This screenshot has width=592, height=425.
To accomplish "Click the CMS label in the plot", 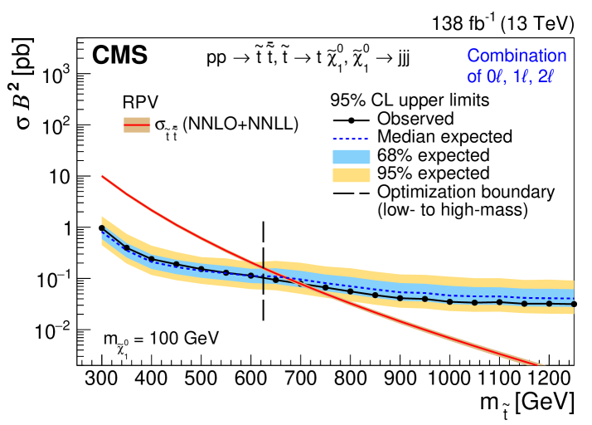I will coord(120,56).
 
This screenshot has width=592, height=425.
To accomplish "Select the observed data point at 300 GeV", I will coord(101,228).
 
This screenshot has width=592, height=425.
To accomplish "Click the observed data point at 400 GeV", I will coord(151,259).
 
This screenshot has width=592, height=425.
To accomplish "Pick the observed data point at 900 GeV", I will coord(400,297).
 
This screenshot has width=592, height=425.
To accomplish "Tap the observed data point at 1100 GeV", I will coord(499,302).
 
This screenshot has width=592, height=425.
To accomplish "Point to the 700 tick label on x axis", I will coord(300,380).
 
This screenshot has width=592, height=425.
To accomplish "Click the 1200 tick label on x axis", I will coord(549,380).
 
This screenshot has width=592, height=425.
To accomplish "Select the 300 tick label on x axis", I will coord(101,380).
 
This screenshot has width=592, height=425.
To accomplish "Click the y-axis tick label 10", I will coord(58,176).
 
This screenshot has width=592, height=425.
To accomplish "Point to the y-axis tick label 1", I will coord(64,227).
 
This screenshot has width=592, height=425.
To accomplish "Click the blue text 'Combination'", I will coord(516,56).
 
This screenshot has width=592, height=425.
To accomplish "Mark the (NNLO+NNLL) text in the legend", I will coord(240,124).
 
